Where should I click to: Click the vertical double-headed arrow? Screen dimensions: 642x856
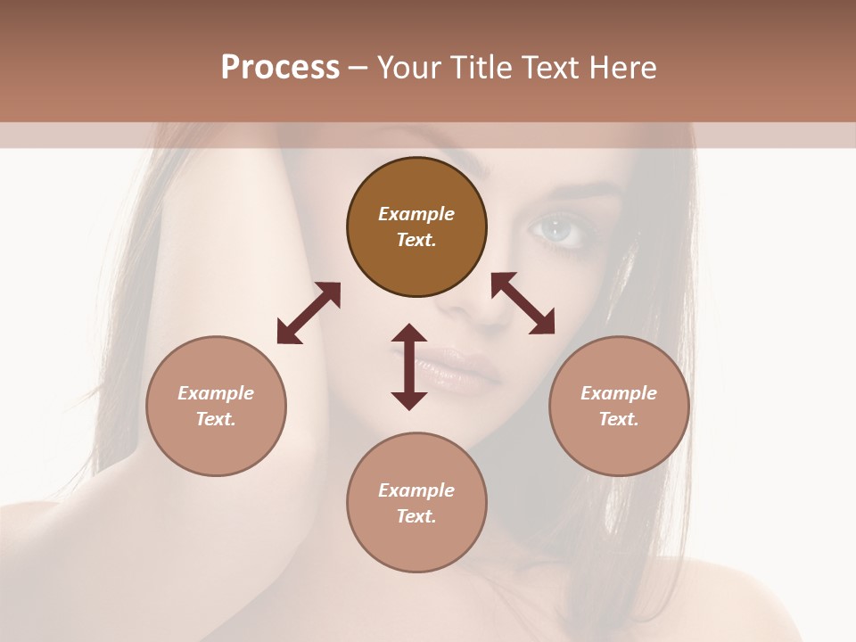tap(409, 366)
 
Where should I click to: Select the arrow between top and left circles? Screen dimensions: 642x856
tap(309, 313)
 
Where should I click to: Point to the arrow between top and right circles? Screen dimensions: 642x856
tap(523, 303)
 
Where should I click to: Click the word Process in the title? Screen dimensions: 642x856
tap(280, 68)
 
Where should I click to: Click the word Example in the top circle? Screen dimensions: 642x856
tap(416, 214)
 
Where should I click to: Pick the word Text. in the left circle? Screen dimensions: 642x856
tap(216, 419)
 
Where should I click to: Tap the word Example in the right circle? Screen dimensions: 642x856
tap(619, 393)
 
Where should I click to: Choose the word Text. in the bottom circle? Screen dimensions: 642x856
tap(416, 516)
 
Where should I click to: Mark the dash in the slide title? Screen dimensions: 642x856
tap(358, 68)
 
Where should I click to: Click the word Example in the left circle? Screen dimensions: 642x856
tap(216, 393)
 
